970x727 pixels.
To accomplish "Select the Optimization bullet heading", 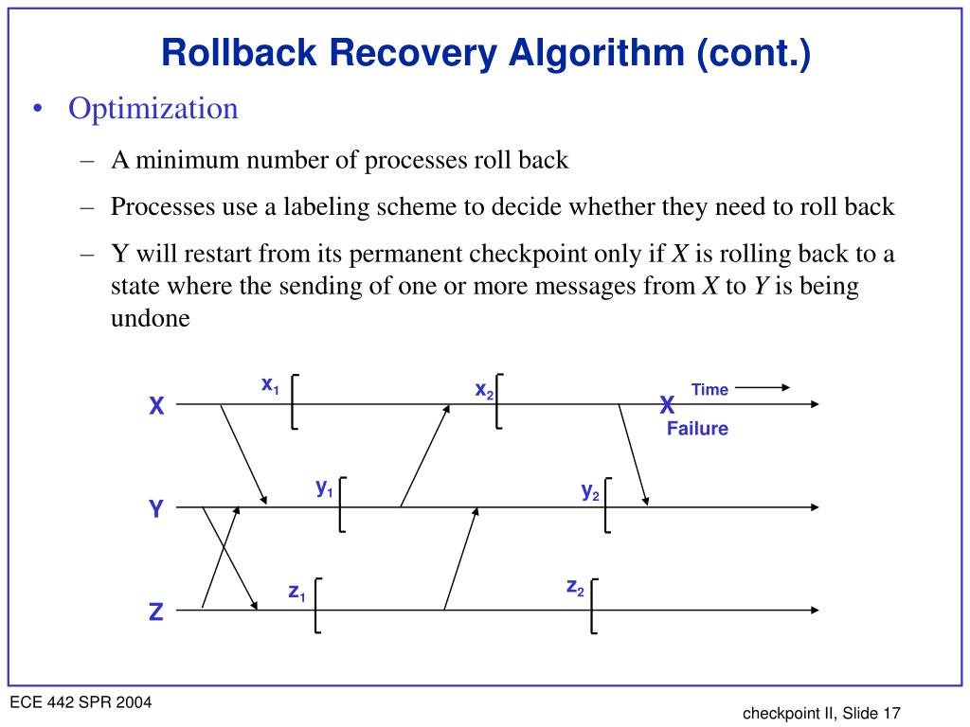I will [x=153, y=109].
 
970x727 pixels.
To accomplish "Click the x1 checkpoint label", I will [x=270, y=384].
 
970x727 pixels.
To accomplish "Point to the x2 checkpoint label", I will [x=484, y=390].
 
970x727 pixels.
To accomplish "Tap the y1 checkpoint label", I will [x=324, y=488].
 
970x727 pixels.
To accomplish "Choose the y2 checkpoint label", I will [x=590, y=490].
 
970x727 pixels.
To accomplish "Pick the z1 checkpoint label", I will [x=296, y=592].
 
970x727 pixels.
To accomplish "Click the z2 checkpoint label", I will [x=575, y=588].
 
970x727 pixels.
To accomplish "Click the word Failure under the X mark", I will [x=697, y=429].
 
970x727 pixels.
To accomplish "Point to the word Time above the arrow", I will [x=710, y=389].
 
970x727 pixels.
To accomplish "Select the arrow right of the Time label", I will [x=762, y=387].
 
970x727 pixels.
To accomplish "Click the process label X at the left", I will [x=156, y=407].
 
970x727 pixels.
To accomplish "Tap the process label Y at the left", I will [x=156, y=510].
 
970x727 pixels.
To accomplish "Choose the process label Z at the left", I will [x=156, y=612].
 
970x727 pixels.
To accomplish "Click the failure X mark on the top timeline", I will [x=667, y=406].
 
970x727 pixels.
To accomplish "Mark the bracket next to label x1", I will [x=295, y=401].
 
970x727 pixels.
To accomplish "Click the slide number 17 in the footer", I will [x=890, y=714].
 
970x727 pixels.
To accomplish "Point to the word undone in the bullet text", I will [x=151, y=318].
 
